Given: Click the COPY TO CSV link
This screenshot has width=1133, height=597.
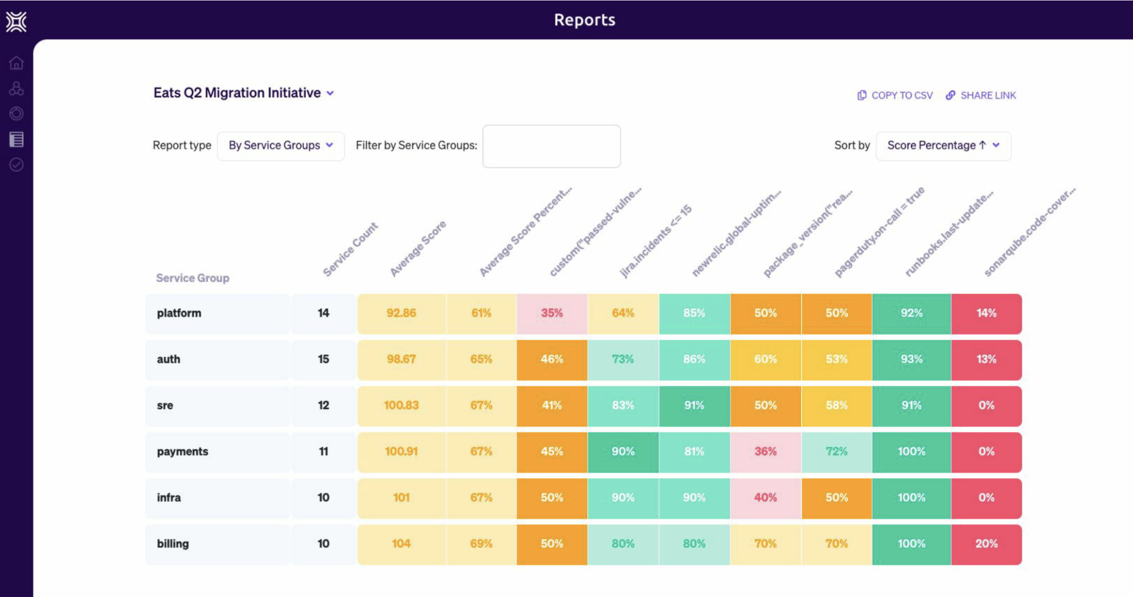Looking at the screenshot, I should click(895, 95).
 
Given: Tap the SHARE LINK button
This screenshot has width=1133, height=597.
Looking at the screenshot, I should click(981, 95).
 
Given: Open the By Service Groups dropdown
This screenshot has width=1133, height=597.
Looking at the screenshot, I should click(280, 146).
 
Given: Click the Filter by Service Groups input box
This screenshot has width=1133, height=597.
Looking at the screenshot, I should click(551, 146).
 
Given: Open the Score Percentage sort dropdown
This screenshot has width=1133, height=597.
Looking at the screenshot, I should click(943, 146).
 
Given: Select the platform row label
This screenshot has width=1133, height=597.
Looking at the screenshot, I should click(179, 313).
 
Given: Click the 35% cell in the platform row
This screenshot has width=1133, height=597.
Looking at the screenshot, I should click(552, 313).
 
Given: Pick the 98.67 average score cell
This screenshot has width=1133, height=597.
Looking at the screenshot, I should click(401, 360).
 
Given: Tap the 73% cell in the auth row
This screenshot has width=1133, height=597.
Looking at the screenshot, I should click(622, 360).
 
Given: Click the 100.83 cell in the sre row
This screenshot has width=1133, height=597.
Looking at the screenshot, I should click(401, 406).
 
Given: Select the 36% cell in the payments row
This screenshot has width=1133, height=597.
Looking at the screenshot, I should click(765, 452).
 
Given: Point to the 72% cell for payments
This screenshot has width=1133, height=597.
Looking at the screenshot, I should click(836, 452).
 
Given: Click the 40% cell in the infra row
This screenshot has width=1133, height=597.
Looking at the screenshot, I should click(765, 498).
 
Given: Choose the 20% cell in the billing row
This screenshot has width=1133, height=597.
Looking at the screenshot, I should click(986, 544).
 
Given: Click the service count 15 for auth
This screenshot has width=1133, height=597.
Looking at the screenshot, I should click(323, 360).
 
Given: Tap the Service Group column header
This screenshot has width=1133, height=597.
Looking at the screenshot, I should click(192, 278).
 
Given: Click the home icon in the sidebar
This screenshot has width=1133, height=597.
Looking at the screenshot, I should click(16, 63).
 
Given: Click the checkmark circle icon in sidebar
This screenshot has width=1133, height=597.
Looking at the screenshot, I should click(16, 165).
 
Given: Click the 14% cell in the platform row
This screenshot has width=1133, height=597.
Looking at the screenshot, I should click(986, 313).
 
